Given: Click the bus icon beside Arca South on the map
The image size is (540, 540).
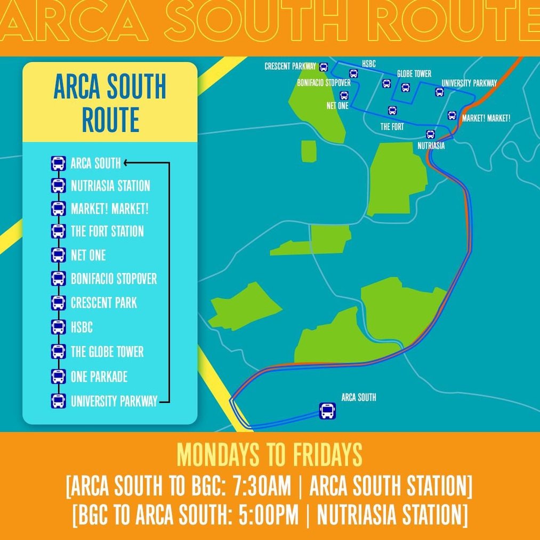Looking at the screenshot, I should (x=327, y=411).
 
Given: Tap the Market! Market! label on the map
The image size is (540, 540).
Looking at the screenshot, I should (x=486, y=118).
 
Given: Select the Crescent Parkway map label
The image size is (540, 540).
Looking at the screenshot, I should (x=291, y=67).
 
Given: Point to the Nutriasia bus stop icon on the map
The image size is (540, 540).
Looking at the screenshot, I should (x=430, y=134).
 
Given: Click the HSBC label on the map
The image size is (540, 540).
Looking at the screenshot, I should (x=369, y=63).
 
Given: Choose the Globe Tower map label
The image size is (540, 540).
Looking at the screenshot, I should (x=414, y=74).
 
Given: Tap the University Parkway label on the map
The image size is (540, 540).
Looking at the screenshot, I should (x=469, y=83).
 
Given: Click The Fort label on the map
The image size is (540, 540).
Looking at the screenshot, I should (x=392, y=127).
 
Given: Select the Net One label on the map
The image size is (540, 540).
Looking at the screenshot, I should (x=337, y=106).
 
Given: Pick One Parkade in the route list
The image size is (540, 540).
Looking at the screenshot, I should (x=99, y=376).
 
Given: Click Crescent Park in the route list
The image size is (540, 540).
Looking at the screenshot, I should (x=104, y=303).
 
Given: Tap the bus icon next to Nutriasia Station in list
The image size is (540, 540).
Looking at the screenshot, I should (x=58, y=186).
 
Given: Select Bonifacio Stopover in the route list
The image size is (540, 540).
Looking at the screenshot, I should (x=114, y=278).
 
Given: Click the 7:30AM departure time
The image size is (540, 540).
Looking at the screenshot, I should (x=260, y=487).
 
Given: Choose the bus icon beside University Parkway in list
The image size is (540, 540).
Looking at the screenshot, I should (x=58, y=401).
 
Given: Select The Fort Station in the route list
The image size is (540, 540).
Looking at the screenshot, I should (x=107, y=231).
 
